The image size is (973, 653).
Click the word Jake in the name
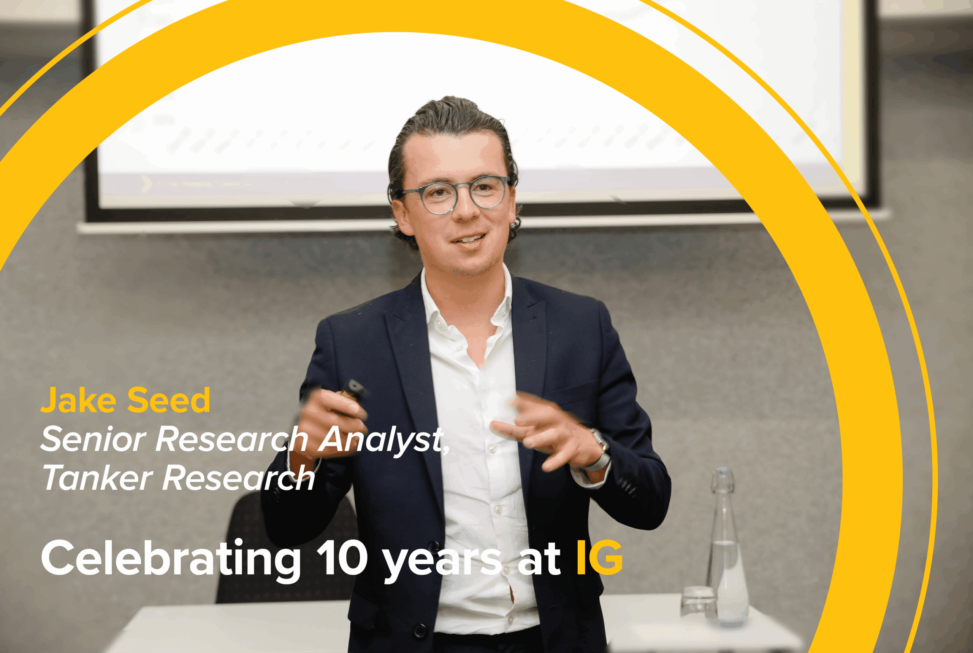point(78,400)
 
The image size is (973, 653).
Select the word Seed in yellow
point(168,400)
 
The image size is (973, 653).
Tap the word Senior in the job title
point(93,439)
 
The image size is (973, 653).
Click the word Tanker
point(98,478)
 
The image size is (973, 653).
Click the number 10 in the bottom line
point(342,558)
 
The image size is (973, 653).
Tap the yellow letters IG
point(599,557)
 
